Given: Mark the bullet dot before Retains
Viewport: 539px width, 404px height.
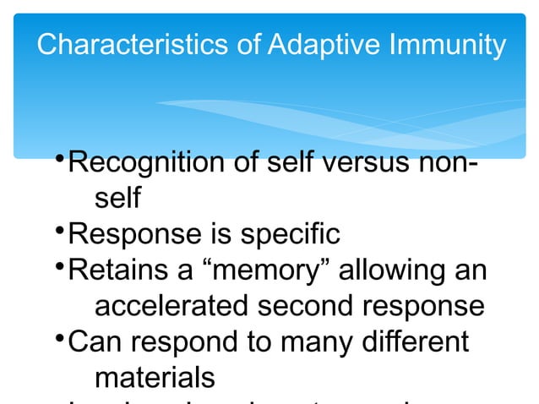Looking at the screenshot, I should (x=58, y=266).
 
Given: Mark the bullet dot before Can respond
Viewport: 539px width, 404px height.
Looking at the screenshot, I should (x=58, y=339).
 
